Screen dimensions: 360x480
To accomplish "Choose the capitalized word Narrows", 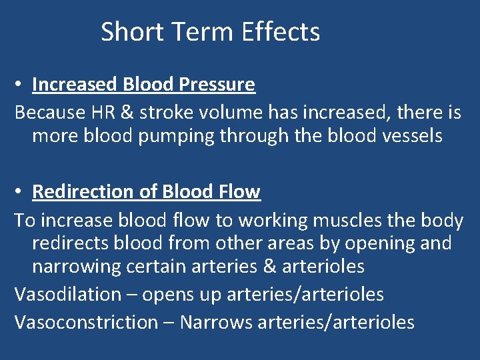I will (215, 322).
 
